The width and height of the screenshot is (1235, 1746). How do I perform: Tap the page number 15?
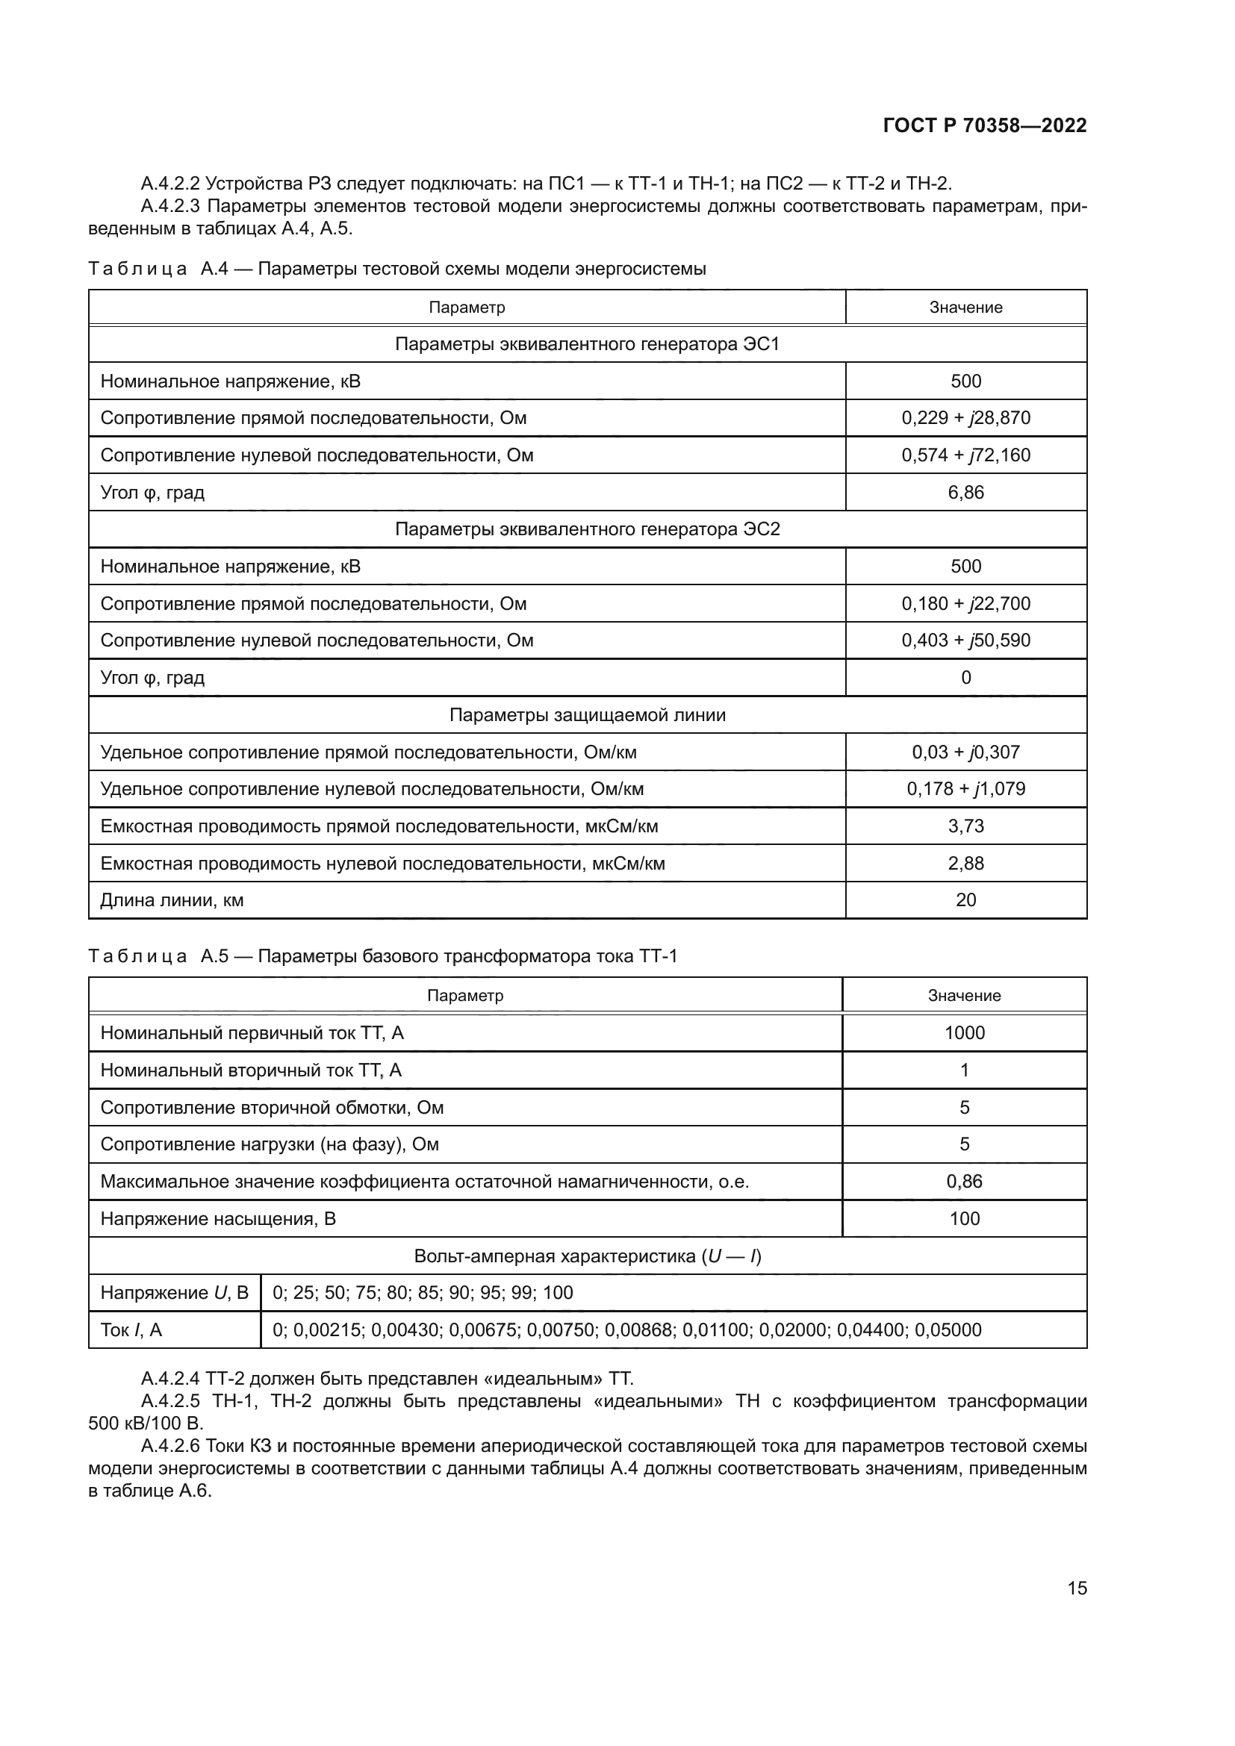pyautogui.click(x=1077, y=1588)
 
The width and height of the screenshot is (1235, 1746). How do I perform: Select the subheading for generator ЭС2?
pyautogui.click(x=587, y=529)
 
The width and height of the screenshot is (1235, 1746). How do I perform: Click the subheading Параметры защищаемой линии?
pyautogui.click(x=587, y=716)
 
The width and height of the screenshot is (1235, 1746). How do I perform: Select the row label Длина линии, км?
pyautogui.click(x=172, y=900)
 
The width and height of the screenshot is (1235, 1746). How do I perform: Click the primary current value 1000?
pyautogui.click(x=963, y=1033)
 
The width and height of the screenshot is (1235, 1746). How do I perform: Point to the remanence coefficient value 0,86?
pyautogui.click(x=963, y=1182)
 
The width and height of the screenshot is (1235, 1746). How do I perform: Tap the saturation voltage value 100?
pyautogui.click(x=963, y=1219)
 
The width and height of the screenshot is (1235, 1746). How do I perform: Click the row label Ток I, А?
pyautogui.click(x=131, y=1330)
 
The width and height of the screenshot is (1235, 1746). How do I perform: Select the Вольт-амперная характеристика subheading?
pyautogui.click(x=587, y=1256)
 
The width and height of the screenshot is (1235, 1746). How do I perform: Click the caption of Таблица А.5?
pyautogui.click(x=382, y=957)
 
